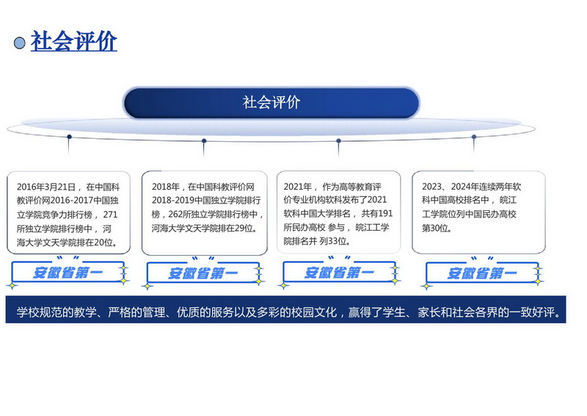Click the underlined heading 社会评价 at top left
click(74, 41)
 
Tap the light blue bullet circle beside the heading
click(20, 43)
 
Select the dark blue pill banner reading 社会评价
click(271, 103)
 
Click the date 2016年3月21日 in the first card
click(46, 187)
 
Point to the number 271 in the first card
click(111, 215)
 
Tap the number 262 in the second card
click(175, 214)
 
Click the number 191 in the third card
click(385, 213)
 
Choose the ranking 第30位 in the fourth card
click(435, 228)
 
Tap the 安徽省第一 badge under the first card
click(68, 273)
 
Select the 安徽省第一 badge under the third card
click(339, 273)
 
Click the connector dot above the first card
click(69, 137)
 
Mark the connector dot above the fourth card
click(474, 137)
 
